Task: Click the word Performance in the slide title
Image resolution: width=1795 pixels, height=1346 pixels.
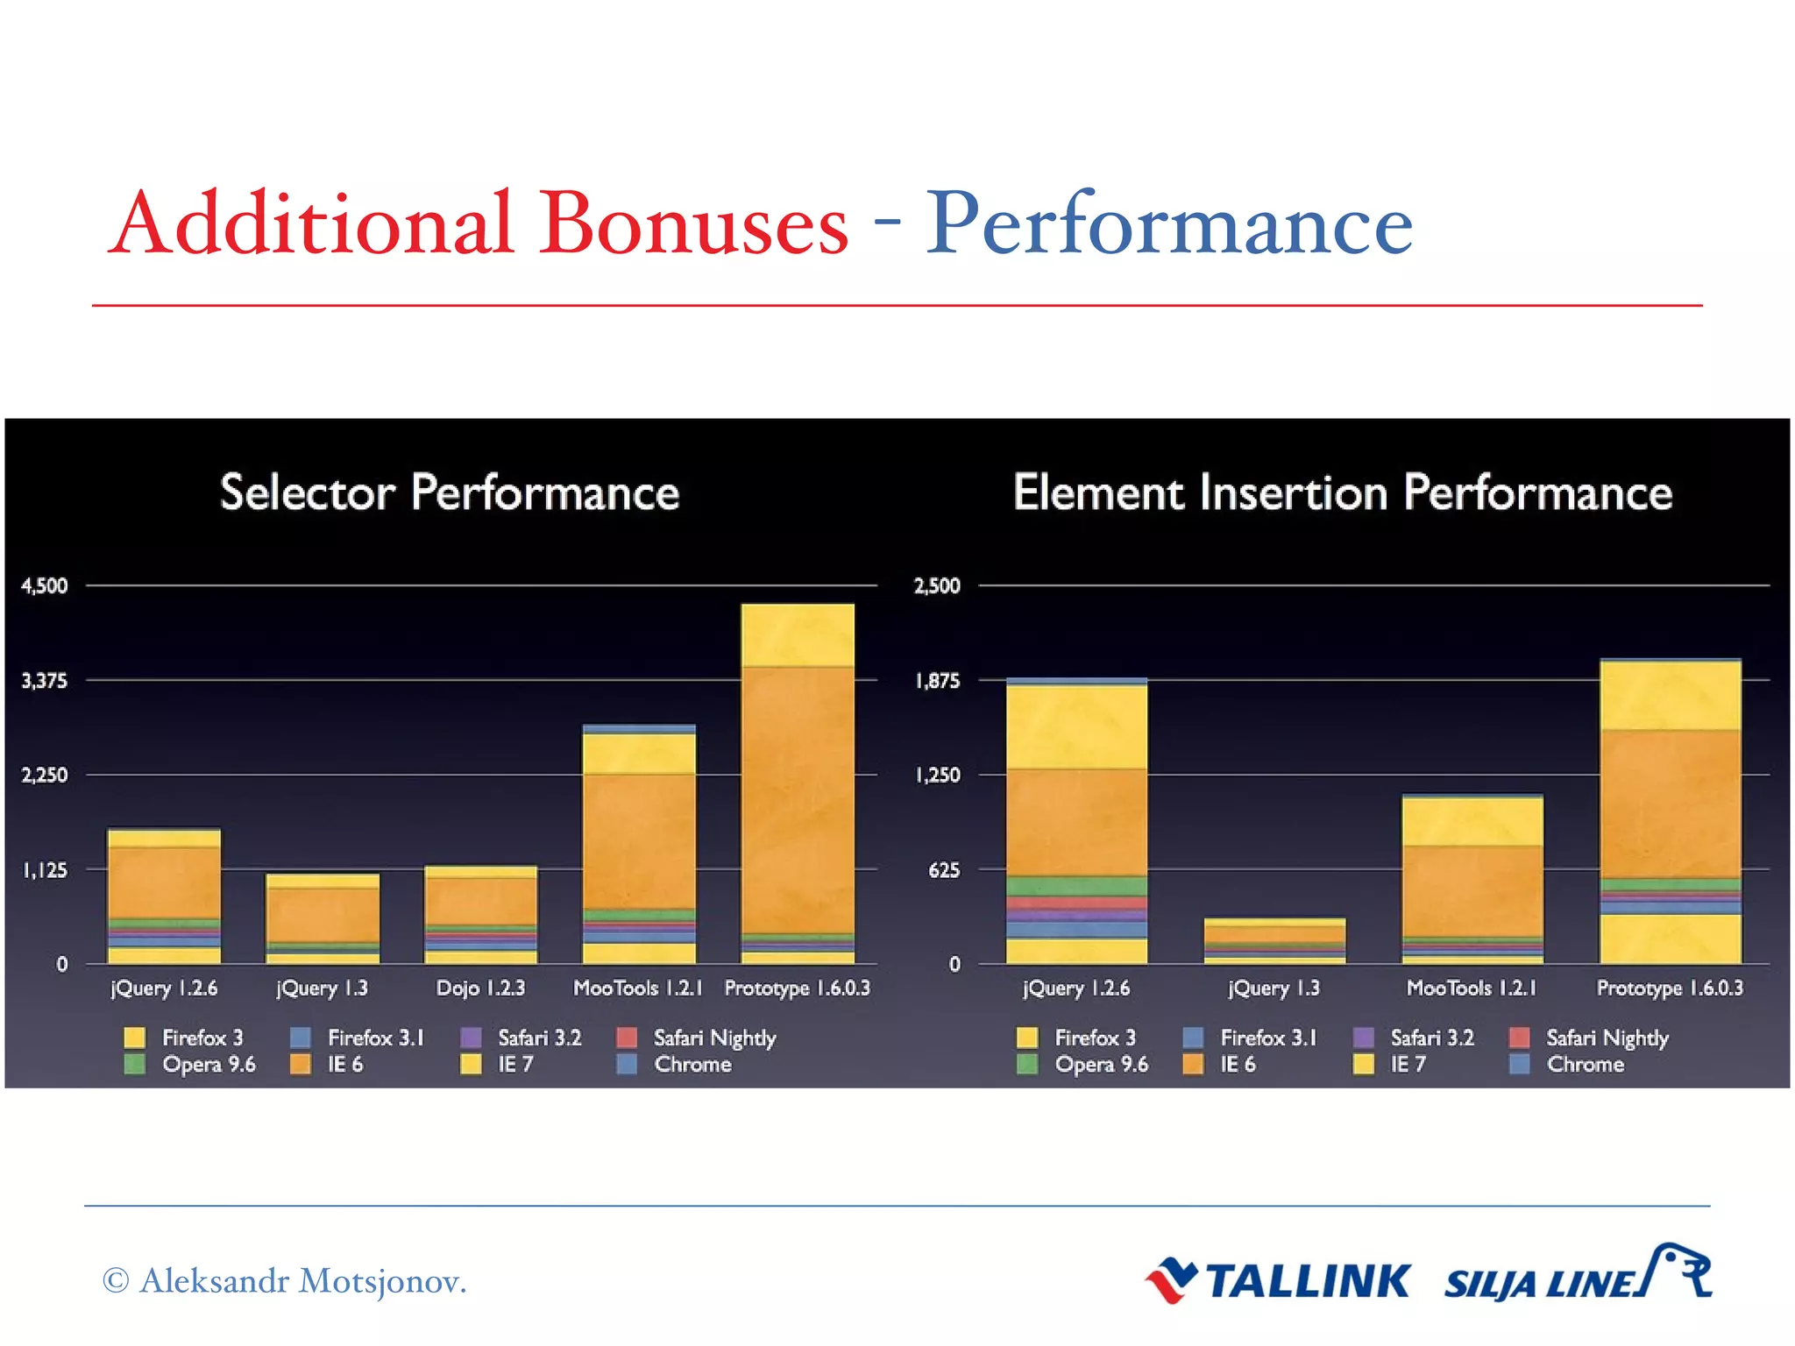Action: [1168, 226]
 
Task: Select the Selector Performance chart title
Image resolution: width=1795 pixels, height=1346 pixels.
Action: [450, 492]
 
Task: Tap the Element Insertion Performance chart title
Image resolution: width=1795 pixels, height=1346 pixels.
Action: [1342, 492]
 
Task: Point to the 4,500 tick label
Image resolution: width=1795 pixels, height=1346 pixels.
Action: [45, 585]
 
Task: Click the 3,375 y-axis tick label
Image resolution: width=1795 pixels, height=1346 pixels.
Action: [45, 681]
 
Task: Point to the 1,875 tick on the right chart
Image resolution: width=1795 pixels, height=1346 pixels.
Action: [937, 681]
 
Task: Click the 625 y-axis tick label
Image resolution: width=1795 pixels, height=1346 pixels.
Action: [944, 870]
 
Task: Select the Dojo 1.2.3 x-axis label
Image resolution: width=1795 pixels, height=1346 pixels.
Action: [480, 988]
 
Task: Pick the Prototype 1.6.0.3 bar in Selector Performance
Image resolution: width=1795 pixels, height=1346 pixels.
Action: [797, 789]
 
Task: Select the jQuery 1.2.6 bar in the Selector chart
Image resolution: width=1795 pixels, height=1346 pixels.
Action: [164, 894]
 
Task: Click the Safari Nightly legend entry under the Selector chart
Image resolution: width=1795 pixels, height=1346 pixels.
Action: [713, 1038]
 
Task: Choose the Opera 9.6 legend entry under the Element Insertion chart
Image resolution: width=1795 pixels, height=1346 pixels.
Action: [1100, 1065]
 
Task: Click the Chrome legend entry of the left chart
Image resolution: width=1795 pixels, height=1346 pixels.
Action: [692, 1065]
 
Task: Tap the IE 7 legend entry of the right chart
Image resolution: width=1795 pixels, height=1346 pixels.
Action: [1407, 1065]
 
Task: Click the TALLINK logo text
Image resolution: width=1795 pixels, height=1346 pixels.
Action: [1308, 1281]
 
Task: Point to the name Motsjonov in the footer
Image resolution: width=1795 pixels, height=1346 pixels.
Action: [382, 1281]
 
